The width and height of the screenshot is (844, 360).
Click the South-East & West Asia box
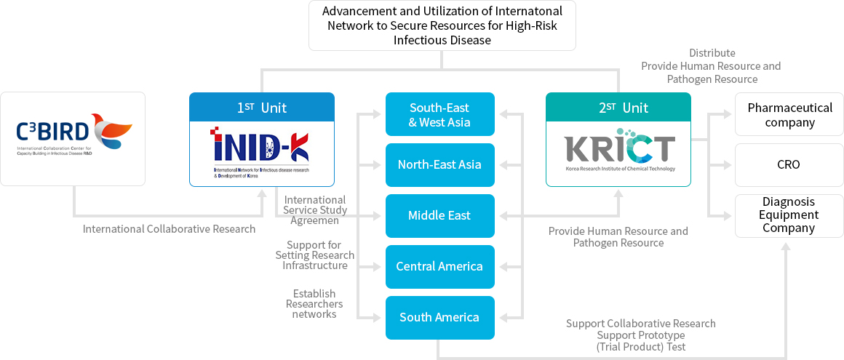pyautogui.click(x=439, y=114)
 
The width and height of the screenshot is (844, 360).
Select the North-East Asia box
pyautogui.click(x=439, y=165)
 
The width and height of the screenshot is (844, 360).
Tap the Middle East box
pyautogui.click(x=439, y=216)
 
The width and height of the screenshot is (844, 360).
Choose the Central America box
pyautogui.click(x=439, y=267)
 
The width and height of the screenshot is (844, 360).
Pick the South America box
pyautogui.click(x=439, y=318)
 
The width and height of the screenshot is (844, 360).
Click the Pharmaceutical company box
pyautogui.click(x=789, y=114)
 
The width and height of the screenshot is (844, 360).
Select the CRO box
pyautogui.click(x=789, y=165)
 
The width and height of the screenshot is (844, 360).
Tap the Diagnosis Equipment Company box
pyautogui.click(x=789, y=215)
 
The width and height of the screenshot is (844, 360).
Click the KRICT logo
pyautogui.click(x=619, y=148)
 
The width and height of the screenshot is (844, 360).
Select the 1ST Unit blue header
pyautogui.click(x=262, y=108)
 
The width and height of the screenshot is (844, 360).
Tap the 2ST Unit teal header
pyautogui.click(x=618, y=108)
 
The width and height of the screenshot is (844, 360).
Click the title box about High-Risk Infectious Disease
pyautogui.click(x=442, y=25)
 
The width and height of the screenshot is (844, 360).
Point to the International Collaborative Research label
pyautogui.click(x=169, y=229)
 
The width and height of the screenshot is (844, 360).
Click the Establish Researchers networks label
pyautogui.click(x=314, y=304)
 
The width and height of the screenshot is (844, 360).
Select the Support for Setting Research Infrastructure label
pyautogui.click(x=315, y=255)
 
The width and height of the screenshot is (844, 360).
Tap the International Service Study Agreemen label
pyautogui.click(x=315, y=209)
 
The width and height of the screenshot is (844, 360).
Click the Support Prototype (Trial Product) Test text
pyautogui.click(x=640, y=341)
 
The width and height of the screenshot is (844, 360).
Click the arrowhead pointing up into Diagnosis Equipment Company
pyautogui.click(x=786, y=247)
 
